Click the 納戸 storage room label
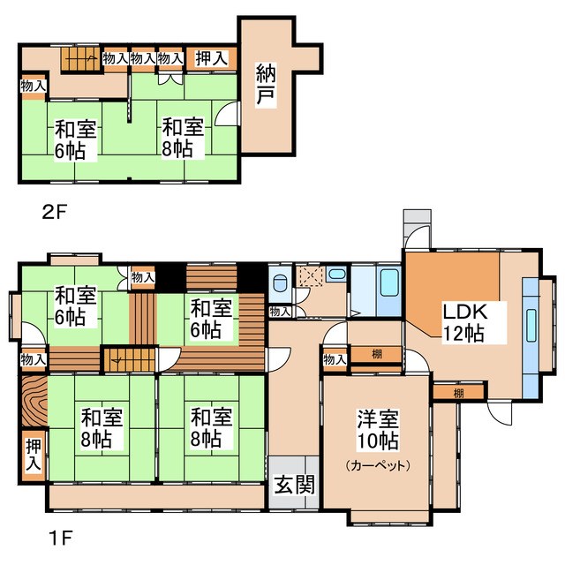pos(267,86)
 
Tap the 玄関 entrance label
pos(294,485)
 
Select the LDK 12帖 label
pos(464,323)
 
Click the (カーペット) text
pos(378,465)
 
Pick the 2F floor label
pos(55,212)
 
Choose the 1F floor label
pos(61,539)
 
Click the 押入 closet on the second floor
pos(212,59)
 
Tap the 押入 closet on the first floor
pos(34,456)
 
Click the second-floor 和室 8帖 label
pos(183,138)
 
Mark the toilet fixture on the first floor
pos(279,282)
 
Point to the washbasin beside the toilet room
pos(336,275)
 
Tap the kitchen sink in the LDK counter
pos(531,326)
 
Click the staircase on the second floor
pos(79,58)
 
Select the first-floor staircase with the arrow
pos(130,359)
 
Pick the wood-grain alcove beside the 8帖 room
pos(34,401)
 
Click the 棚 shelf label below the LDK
pos(458,393)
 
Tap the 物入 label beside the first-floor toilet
pos(280,312)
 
